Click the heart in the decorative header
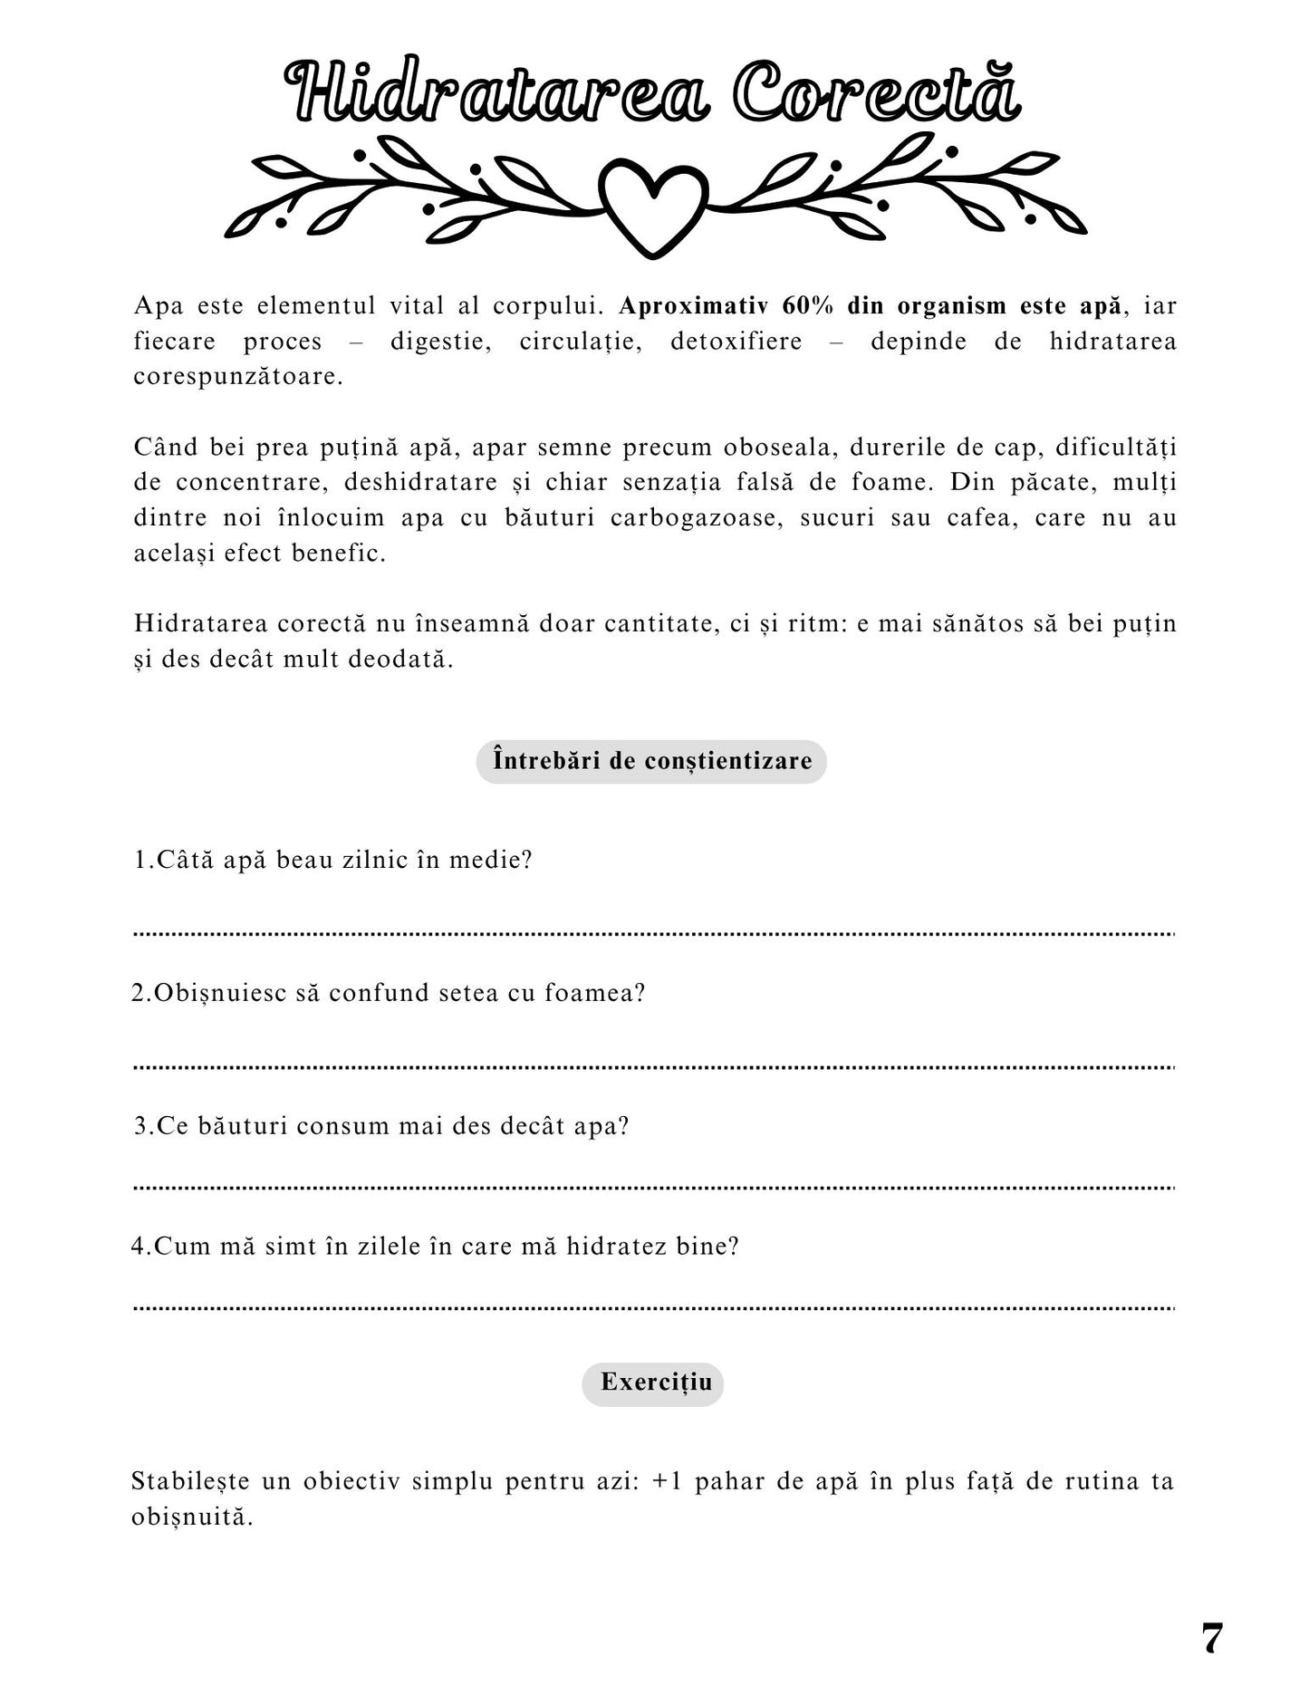click(x=652, y=205)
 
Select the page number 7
click(x=1211, y=1638)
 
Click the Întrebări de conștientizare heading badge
click(x=651, y=761)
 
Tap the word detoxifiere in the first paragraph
click(x=736, y=342)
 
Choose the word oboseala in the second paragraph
click(x=776, y=448)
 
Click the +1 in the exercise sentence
click(x=666, y=1481)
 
